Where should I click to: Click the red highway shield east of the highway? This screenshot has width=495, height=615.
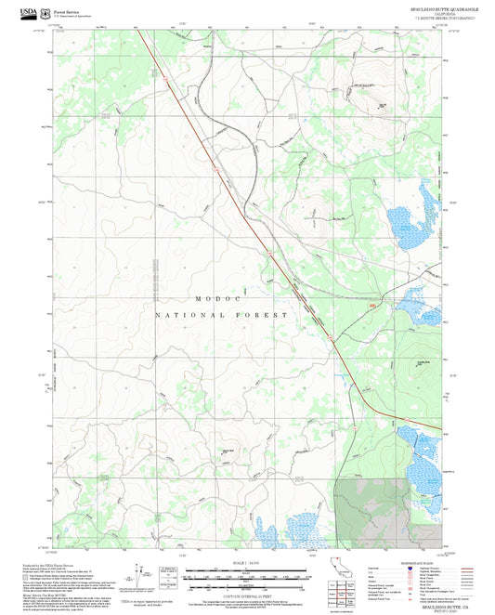pyautogui.click(x=373, y=305)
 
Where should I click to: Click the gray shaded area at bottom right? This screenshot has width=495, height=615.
pyautogui.click(x=384, y=512)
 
